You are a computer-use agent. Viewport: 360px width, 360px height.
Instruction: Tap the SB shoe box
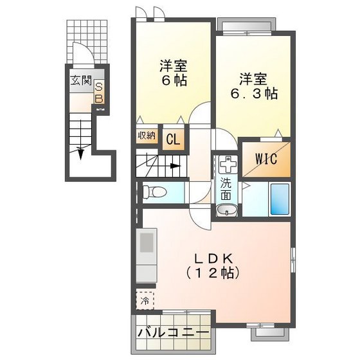tap(100, 93)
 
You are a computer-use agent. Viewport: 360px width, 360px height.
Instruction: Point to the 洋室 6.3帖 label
tap(253, 86)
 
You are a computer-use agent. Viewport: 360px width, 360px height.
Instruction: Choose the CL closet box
tap(172, 138)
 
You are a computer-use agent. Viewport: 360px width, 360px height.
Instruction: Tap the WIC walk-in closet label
tap(265, 158)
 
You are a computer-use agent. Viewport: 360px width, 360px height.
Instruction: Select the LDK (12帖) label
tap(213, 265)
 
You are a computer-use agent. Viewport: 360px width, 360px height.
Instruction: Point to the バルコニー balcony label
tap(173, 333)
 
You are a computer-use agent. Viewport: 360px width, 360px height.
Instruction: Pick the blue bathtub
tap(278, 199)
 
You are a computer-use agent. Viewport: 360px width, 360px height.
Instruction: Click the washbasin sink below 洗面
tap(225, 210)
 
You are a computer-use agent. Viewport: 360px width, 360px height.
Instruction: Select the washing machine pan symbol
tap(226, 164)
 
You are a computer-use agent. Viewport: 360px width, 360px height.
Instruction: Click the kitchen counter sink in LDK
tap(146, 245)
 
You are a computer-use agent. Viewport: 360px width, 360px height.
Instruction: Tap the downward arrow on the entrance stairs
tap(81, 153)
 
